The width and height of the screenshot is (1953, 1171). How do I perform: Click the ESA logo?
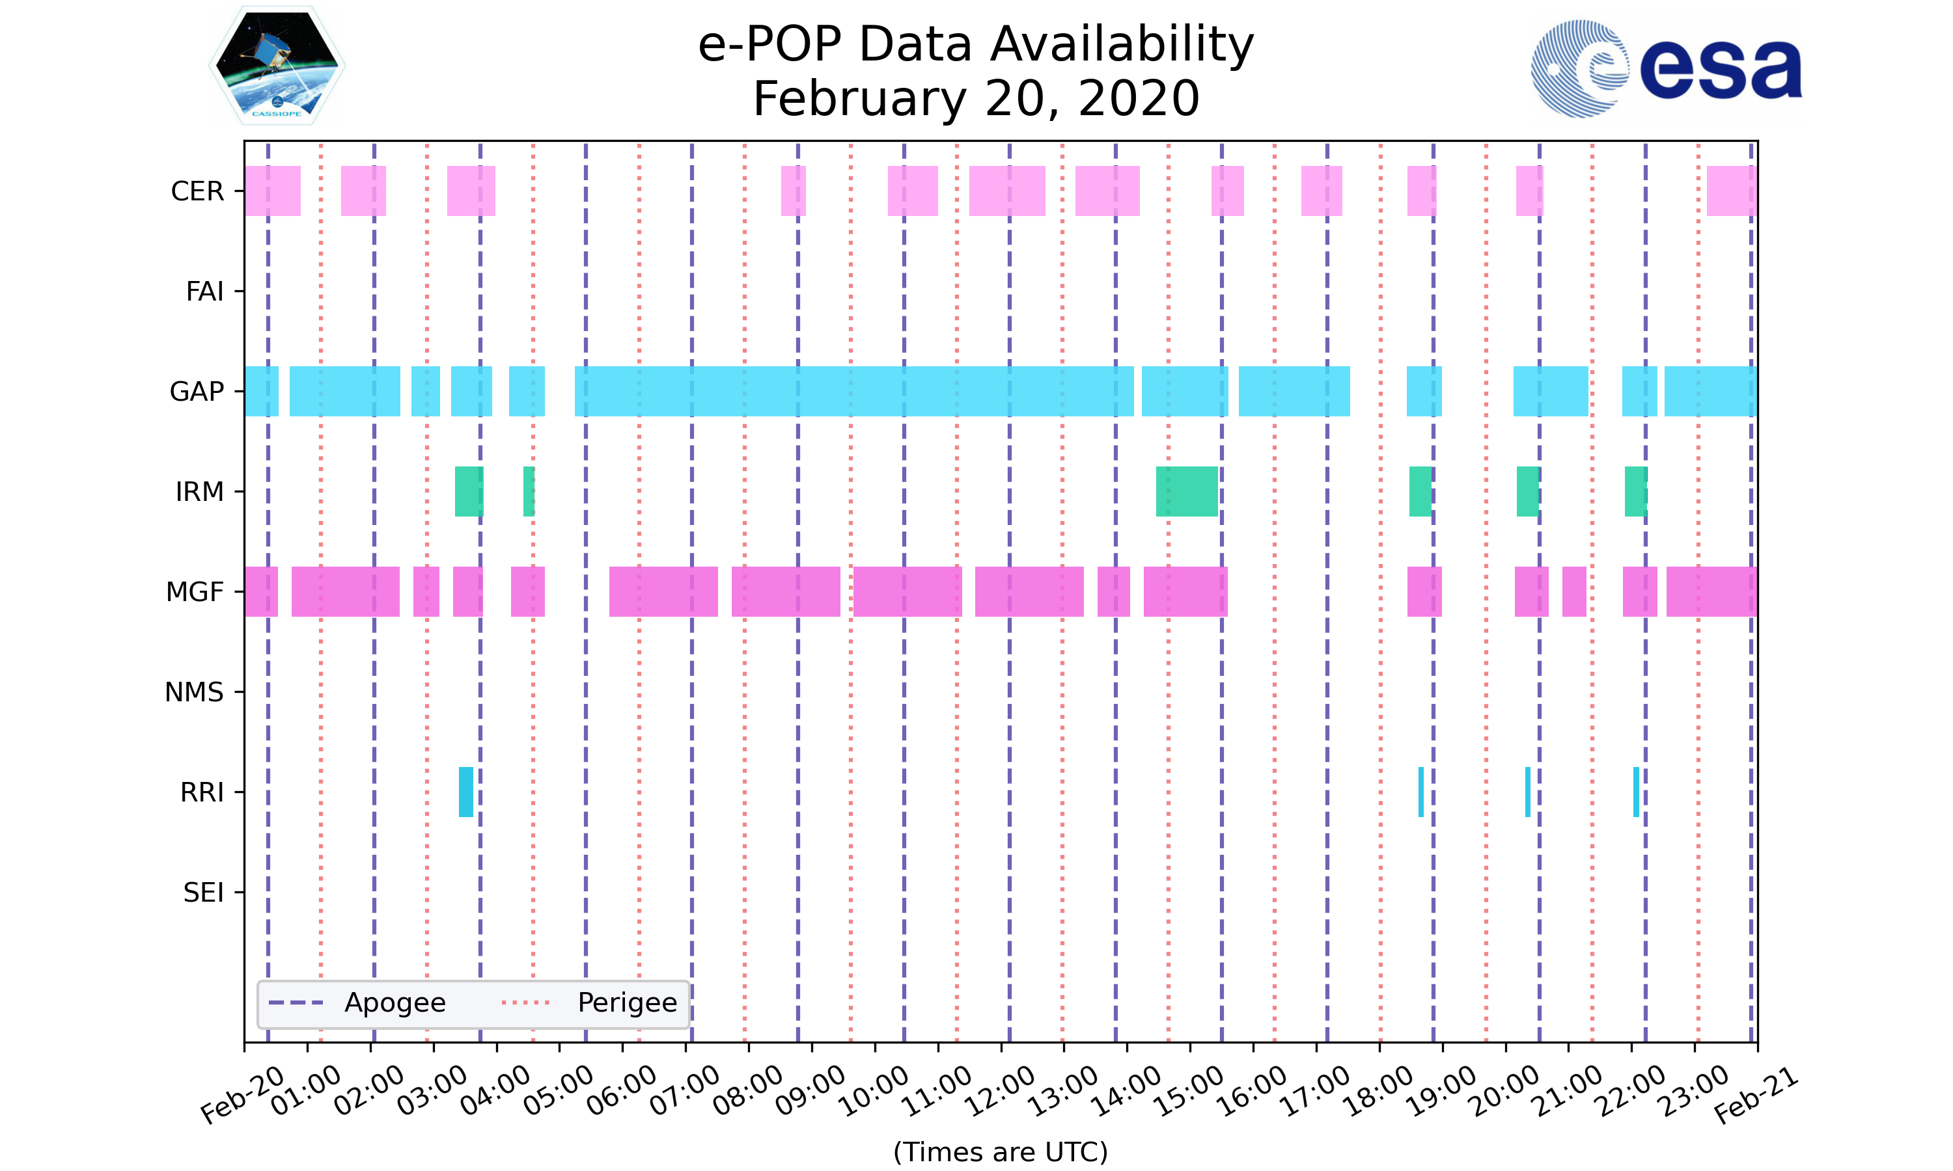point(1666,69)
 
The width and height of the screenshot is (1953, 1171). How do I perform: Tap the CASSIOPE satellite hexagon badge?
point(276,66)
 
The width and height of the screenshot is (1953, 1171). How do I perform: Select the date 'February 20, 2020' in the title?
point(976,99)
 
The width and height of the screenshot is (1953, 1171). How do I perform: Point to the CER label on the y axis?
point(197,191)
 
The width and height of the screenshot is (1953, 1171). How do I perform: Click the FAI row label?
point(204,291)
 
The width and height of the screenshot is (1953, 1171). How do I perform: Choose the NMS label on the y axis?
point(194,692)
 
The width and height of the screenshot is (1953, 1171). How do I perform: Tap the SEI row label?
point(203,893)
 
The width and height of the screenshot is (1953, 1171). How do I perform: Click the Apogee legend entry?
point(395,1003)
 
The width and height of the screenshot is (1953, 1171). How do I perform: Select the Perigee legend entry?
point(627,1003)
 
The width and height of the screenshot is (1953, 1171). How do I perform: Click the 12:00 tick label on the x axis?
point(999,1090)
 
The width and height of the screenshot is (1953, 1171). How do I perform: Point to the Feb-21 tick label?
point(1756,1096)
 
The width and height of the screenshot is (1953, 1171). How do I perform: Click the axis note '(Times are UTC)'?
point(1000,1151)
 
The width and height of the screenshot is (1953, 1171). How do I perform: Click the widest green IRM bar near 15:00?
point(1187,492)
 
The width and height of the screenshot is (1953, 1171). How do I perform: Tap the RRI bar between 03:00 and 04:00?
point(465,792)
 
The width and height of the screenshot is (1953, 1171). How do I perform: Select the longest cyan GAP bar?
point(853,392)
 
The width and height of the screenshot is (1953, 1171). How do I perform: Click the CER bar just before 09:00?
point(792,191)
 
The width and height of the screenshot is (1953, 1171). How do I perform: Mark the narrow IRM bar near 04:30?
point(528,492)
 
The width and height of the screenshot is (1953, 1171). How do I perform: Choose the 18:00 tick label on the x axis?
point(1378,1090)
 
